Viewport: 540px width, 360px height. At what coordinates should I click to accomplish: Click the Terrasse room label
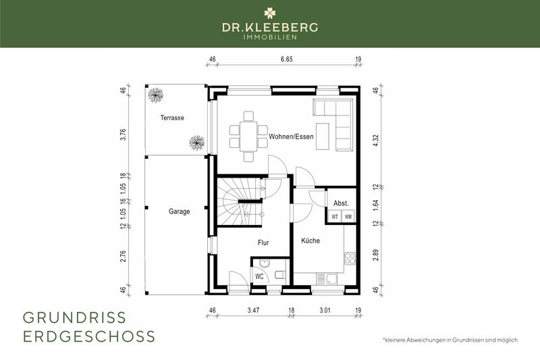coord(172,118)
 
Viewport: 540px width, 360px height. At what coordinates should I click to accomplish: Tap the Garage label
coord(179,211)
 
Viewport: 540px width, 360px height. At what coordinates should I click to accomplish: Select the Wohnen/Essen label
coord(291,136)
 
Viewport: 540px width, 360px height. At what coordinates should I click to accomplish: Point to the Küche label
coord(310,241)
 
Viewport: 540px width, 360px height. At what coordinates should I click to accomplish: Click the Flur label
coord(264,241)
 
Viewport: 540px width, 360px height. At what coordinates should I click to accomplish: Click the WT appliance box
coord(335,217)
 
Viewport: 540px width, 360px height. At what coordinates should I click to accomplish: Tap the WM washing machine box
coord(348,217)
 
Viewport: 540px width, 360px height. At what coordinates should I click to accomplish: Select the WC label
coord(259,276)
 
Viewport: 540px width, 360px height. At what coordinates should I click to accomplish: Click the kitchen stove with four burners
coord(350,259)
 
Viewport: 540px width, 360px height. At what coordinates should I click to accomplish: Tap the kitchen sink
coord(331,278)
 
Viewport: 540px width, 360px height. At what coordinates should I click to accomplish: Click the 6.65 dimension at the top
coord(286,59)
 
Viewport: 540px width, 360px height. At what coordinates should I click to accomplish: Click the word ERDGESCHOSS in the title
coord(88,336)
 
